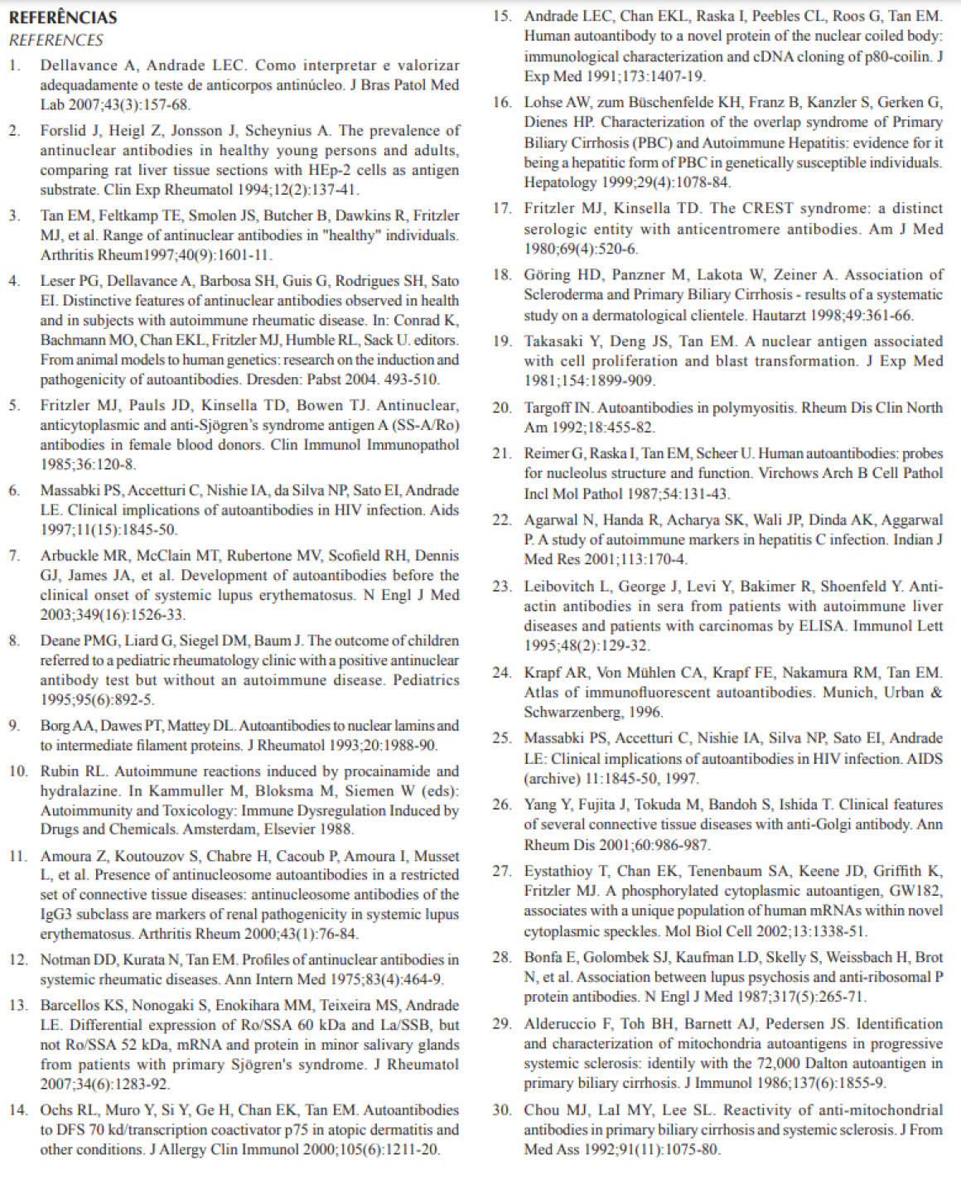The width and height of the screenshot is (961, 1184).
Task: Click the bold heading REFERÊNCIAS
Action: coord(63,17)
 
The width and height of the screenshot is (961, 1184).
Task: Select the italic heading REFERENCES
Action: coord(56,40)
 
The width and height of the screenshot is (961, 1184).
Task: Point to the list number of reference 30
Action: coord(502,1110)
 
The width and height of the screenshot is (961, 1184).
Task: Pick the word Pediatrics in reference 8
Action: coord(426,681)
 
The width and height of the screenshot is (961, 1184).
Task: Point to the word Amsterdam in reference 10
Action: coord(221,829)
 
